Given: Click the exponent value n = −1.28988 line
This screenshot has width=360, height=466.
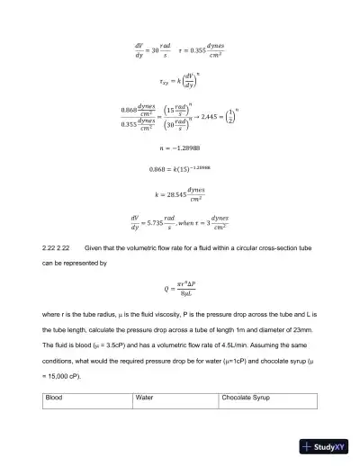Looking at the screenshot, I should point(180,149).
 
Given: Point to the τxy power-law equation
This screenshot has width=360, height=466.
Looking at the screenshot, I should point(180,80).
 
